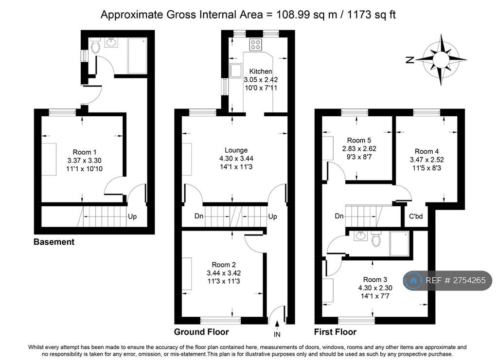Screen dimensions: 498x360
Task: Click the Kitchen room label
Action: pyautogui.click(x=261, y=71)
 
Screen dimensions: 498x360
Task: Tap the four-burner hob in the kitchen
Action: pyautogui.click(x=256, y=44)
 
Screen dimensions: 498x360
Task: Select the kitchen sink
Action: pyautogui.click(x=236, y=70)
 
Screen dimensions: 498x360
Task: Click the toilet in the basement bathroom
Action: pyautogui.click(x=95, y=45)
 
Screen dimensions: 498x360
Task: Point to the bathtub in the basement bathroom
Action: pyautogui.click(x=137, y=56)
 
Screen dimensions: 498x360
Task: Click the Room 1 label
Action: pyautogui.click(x=85, y=152)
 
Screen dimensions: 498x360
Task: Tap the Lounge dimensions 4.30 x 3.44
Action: pyautogui.click(x=236, y=158)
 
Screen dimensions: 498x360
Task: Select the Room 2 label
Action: pyautogui.click(x=224, y=265)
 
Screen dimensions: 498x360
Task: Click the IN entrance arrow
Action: pyautogui.click(x=277, y=324)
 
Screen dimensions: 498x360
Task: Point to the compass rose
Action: pyautogui.click(x=441, y=59)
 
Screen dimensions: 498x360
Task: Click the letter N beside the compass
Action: pyautogui.click(x=410, y=60)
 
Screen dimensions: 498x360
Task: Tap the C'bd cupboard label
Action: pyautogui.click(x=416, y=216)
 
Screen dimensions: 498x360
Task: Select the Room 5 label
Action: pyautogui.click(x=359, y=140)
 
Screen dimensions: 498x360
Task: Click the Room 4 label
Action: pyautogui.click(x=427, y=151)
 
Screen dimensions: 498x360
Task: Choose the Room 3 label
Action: pyautogui.click(x=375, y=279)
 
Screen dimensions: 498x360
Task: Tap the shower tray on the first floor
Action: pyautogui.click(x=399, y=243)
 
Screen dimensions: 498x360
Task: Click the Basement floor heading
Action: pyautogui.click(x=54, y=242)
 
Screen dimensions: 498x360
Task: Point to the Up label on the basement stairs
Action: pyautogui.click(x=132, y=216)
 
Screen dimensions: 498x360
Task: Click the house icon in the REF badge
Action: pyautogui.click(x=413, y=280)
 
